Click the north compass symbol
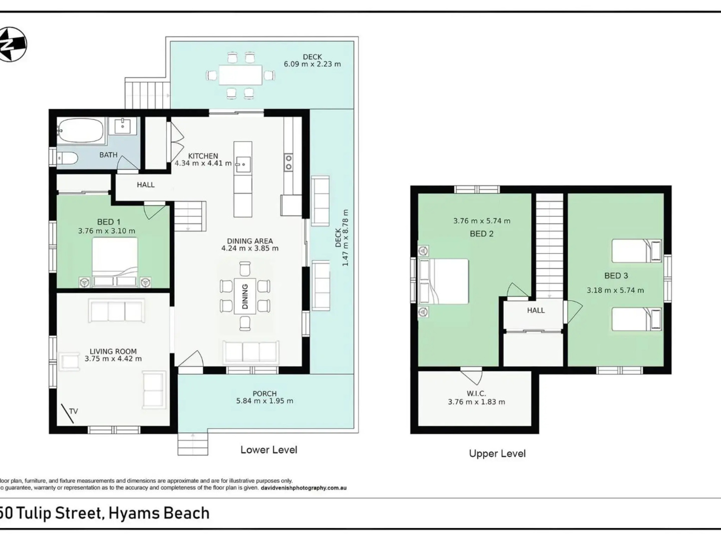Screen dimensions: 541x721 (x=12, y=44)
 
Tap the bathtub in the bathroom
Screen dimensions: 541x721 (x=80, y=131)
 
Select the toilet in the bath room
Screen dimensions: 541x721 (x=67, y=159)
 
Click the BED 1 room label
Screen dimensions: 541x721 (x=109, y=222)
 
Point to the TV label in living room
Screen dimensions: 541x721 (x=74, y=411)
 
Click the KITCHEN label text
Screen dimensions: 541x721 (x=203, y=156)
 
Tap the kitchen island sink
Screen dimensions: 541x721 (x=243, y=164)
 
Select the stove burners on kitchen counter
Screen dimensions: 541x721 (x=289, y=162)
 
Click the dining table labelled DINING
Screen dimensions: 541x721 (x=245, y=296)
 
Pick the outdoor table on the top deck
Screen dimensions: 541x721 (x=240, y=76)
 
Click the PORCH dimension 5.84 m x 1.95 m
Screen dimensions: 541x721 (x=264, y=401)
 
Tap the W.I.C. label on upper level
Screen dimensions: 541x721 (x=476, y=394)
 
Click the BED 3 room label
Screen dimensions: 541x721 (x=616, y=276)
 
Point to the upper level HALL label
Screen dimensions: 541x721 (x=535, y=311)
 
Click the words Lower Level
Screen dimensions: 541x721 (x=269, y=450)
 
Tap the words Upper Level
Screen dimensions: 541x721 (x=497, y=453)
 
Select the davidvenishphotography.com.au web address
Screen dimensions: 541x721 (x=303, y=487)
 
